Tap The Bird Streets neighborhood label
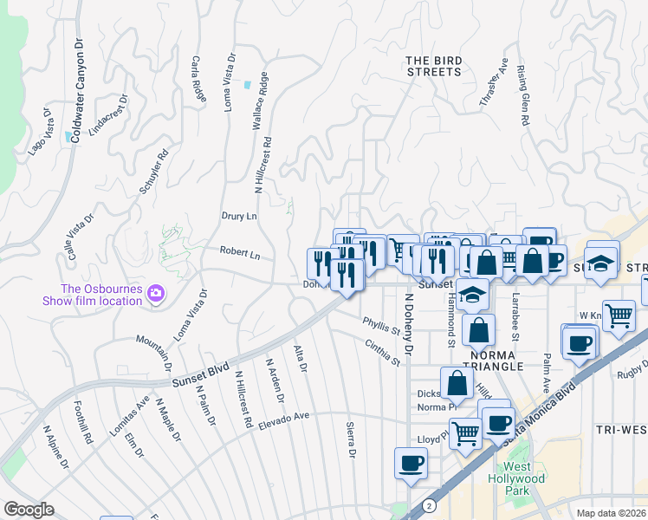point(434,66)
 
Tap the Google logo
point(29,510)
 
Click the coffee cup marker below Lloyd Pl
point(411,462)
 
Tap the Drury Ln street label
point(239,216)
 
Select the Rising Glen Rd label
point(522,95)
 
